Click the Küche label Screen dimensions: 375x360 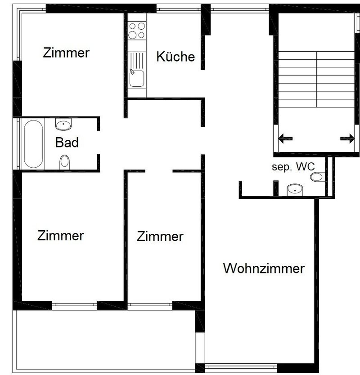tap(175, 57)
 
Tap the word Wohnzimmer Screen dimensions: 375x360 tap(264, 269)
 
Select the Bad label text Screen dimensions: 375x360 tap(67, 143)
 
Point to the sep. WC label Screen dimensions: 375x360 tap(293, 167)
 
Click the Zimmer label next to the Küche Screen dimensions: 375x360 tap(66, 53)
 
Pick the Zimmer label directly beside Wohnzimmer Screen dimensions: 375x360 tap(160, 237)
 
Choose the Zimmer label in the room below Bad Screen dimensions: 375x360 tap(61, 236)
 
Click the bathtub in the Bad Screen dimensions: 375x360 tap(34, 143)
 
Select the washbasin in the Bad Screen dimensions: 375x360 tap(63, 124)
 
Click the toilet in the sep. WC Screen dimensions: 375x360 tap(317, 177)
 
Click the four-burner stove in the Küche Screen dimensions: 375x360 tap(137, 30)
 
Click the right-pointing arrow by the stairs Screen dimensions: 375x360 tap(347, 138)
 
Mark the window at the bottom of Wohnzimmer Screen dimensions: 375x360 tap(240, 365)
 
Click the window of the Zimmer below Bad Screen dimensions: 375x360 tap(74, 305)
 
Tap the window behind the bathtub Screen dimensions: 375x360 tap(18, 143)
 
